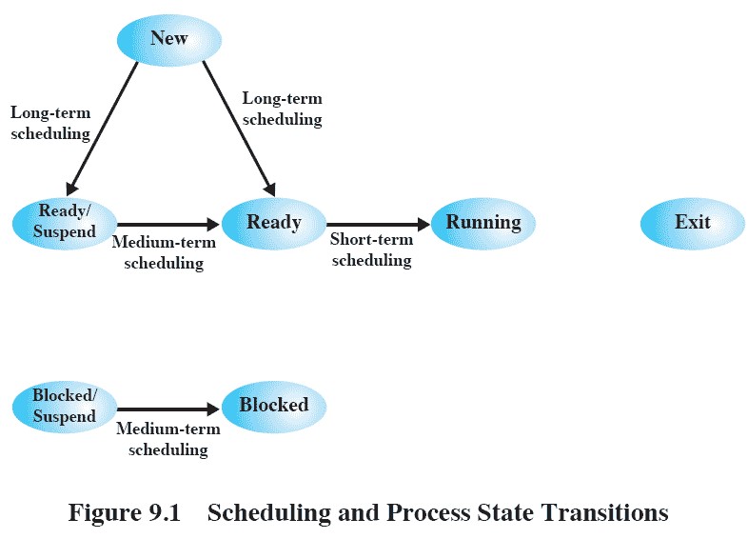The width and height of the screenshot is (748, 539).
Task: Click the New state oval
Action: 169,40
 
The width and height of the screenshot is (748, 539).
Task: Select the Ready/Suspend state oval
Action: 65,224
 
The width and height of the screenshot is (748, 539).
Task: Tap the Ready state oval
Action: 274,224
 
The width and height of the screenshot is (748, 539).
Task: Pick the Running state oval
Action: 483,224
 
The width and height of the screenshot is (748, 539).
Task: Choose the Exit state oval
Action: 693,224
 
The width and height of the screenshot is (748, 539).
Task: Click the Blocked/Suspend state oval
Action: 65,407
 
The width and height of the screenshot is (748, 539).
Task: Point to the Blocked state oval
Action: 274,407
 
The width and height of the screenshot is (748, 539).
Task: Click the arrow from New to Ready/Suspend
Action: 102,129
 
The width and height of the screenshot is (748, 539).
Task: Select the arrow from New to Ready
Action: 239,129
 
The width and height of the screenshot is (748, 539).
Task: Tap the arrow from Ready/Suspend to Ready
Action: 168,224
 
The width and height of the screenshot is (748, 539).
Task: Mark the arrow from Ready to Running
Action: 379,224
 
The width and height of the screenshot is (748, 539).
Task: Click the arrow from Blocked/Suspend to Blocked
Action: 168,409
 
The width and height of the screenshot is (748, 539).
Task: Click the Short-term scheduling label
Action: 371,250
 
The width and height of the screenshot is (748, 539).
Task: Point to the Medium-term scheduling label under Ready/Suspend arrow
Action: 164,252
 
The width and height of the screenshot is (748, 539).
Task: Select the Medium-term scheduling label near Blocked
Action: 168,439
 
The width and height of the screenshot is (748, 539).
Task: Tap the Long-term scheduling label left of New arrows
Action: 50,123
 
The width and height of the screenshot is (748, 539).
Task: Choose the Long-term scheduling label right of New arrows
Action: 283,109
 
